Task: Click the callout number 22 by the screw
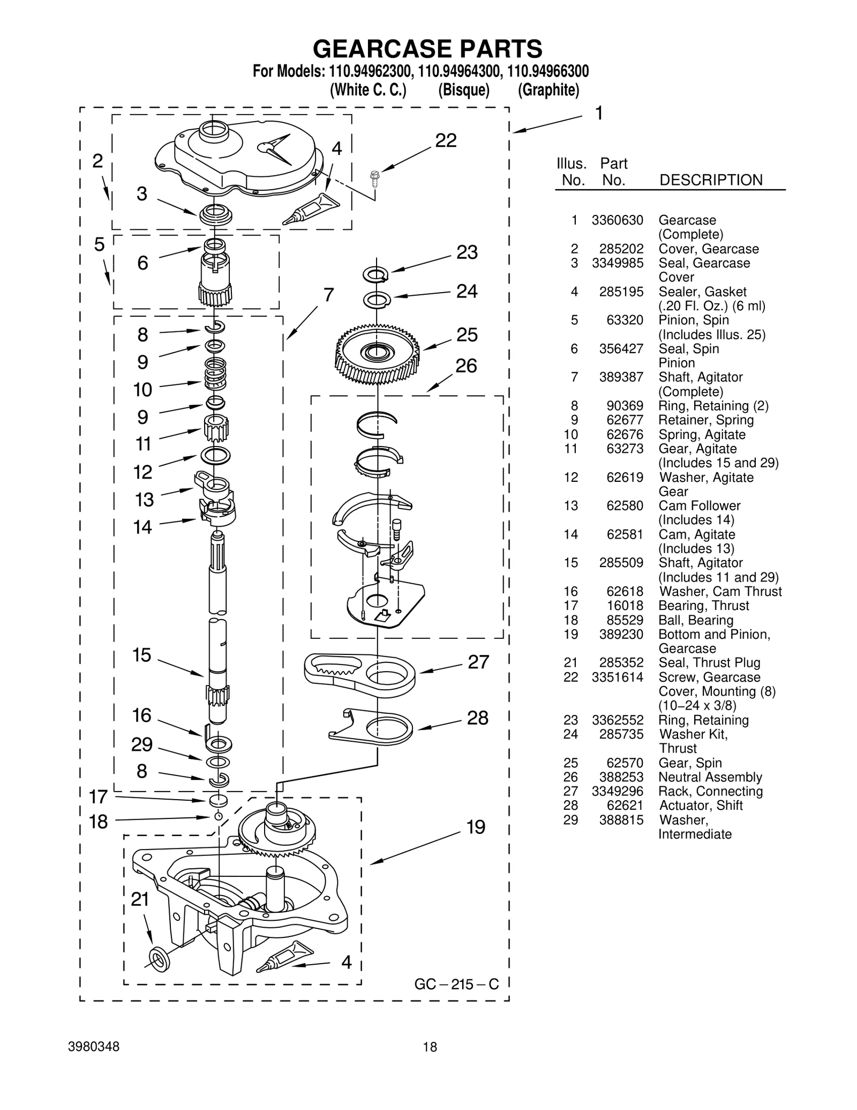(x=446, y=140)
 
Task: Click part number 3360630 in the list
(x=617, y=220)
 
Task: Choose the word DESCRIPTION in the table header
(x=711, y=180)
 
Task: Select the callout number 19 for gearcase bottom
(x=475, y=827)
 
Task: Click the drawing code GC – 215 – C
(x=456, y=985)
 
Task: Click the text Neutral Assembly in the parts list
(x=710, y=777)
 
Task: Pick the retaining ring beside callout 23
(x=376, y=275)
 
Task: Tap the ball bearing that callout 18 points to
(x=218, y=816)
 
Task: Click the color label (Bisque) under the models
(x=463, y=90)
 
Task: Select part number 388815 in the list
(x=621, y=820)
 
